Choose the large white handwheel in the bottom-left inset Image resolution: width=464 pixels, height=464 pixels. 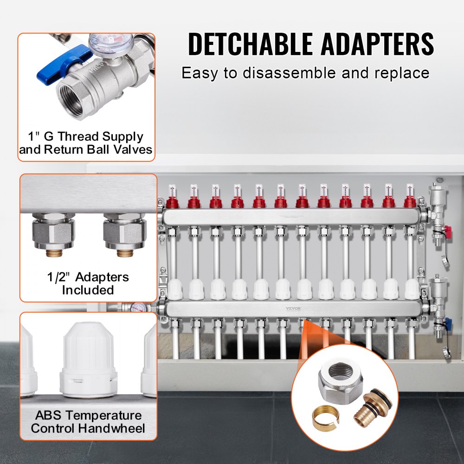[88, 355]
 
